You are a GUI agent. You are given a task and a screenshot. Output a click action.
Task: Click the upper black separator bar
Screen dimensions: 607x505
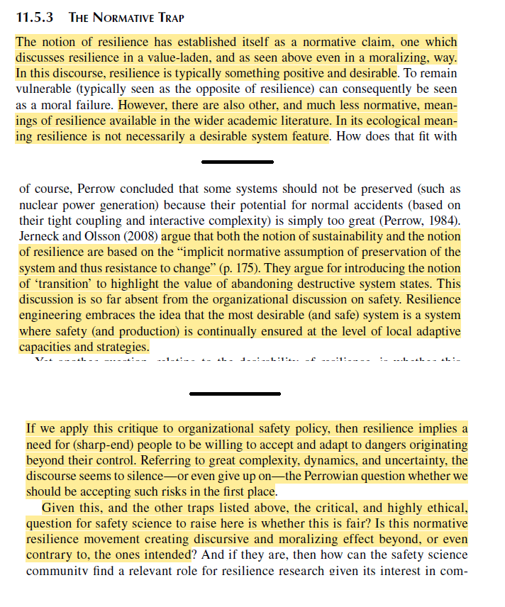coord(236,162)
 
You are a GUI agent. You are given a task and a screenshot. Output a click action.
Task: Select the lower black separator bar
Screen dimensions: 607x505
coord(236,392)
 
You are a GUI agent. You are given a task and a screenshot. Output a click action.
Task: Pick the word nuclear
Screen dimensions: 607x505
coord(38,205)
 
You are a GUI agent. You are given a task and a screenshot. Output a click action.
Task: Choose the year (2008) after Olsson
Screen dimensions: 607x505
coord(141,236)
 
